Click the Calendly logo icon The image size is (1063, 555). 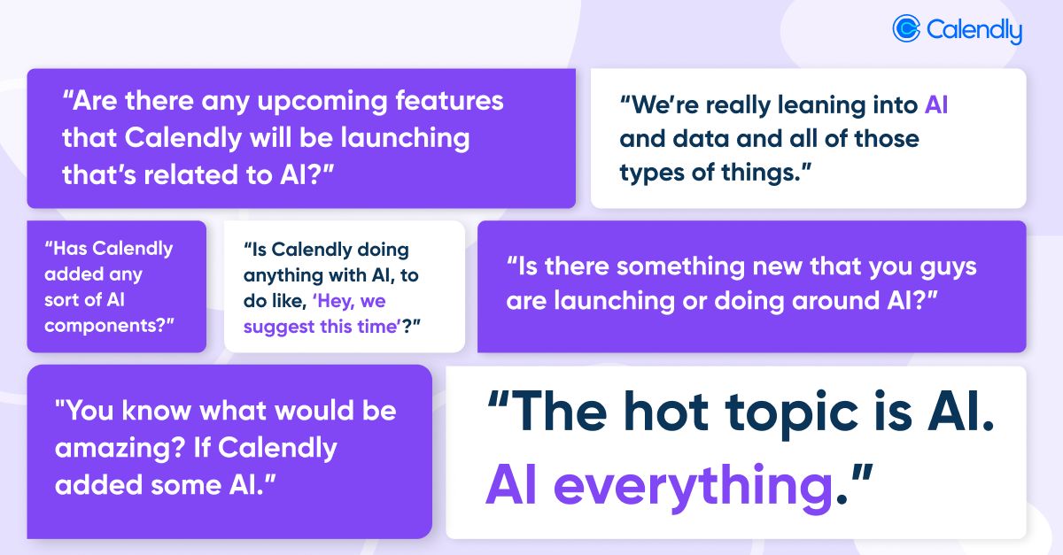coord(907,29)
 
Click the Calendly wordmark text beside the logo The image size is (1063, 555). coord(974,31)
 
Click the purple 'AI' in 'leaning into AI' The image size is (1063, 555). coord(936,105)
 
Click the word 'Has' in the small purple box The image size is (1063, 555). coord(67,249)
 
